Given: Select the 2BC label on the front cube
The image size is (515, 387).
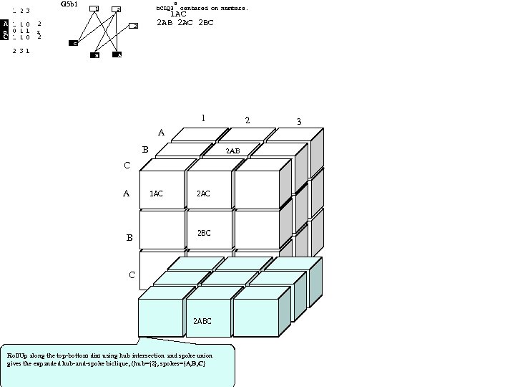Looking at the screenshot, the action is click(203, 233).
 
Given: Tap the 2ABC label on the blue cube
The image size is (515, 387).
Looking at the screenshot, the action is click(202, 321).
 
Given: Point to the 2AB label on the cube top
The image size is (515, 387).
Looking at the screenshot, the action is click(232, 151).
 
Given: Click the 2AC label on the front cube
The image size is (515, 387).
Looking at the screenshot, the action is click(203, 193).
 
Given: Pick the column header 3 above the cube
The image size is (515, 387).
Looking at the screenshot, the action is click(299, 122).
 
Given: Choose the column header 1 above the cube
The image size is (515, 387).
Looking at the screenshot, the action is click(203, 118).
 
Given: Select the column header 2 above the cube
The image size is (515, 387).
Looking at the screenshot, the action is click(247, 120).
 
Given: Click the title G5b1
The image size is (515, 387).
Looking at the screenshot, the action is click(69, 4).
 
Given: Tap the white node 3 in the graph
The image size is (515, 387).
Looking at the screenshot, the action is click(134, 26).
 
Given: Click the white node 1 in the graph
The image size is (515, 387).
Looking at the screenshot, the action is click(94, 9).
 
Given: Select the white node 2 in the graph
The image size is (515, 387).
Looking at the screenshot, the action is click(117, 9).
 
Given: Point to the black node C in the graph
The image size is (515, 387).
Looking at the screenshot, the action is click(74, 44).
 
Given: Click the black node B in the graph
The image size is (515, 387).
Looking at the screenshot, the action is click(94, 54).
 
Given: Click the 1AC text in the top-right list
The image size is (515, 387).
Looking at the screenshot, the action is click(178, 14).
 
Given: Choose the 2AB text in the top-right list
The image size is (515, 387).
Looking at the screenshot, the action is click(165, 23).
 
